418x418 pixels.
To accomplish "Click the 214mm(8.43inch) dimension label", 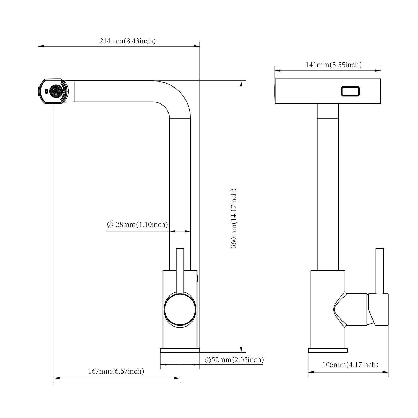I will (x=127, y=41).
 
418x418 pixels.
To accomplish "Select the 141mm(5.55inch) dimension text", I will (x=334, y=65).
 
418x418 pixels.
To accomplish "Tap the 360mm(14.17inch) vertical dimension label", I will (x=234, y=218).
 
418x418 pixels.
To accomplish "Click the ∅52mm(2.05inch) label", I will (x=234, y=360).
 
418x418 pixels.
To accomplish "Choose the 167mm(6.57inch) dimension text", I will (x=116, y=371).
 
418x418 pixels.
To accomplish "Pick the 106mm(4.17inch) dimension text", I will (x=350, y=364).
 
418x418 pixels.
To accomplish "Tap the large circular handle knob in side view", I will (x=180, y=310).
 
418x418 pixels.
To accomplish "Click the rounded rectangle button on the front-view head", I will (x=350, y=91).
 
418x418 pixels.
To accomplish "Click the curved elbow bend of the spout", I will (x=174, y=99).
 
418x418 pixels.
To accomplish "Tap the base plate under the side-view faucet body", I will (x=180, y=350).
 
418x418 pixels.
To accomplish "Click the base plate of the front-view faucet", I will (x=328, y=350).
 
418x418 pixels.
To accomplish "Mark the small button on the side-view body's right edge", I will (x=198, y=279).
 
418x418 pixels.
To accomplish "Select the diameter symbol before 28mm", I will (x=110, y=225).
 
